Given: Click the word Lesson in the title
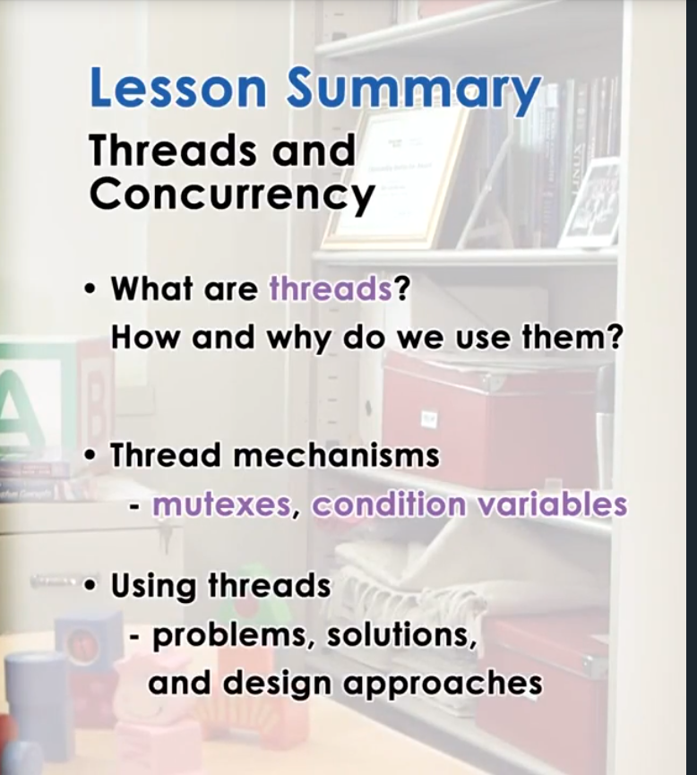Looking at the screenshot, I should click(x=178, y=90).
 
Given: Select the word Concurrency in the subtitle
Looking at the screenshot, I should click(x=231, y=194).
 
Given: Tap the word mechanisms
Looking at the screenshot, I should click(x=336, y=455).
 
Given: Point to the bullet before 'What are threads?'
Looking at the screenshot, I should click(x=90, y=291).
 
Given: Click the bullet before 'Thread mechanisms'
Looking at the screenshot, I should click(x=90, y=456).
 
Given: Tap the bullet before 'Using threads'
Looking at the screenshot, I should click(x=90, y=587).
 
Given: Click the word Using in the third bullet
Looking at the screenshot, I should click(x=153, y=587).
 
